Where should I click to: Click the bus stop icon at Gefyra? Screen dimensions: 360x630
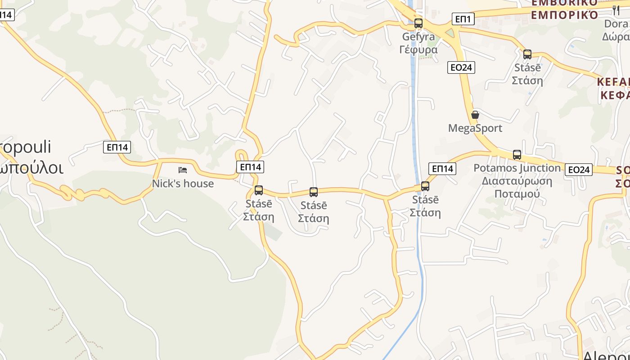tap(418, 23)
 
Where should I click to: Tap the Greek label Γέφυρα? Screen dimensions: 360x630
tap(418, 49)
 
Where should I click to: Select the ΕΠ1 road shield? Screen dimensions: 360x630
tap(463, 19)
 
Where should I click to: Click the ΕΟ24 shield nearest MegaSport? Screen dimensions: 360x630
tap(462, 67)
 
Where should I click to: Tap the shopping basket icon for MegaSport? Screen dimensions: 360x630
tap(475, 115)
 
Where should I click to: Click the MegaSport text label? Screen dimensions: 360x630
tap(475, 128)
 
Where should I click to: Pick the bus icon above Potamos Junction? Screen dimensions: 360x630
tap(517, 155)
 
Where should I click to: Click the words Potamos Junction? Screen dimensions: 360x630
tap(517, 168)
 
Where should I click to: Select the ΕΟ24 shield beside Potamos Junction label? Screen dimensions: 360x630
tap(579, 170)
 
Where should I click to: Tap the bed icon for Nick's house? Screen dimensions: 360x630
tap(183, 170)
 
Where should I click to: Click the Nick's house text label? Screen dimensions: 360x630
tap(183, 184)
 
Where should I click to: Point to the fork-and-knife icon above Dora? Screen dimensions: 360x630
tap(616, 10)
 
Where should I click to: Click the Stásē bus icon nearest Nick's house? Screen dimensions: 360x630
tap(259, 190)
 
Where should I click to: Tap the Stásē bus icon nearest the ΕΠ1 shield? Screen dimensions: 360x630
tap(527, 54)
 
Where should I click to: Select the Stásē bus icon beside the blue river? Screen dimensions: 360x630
tap(425, 186)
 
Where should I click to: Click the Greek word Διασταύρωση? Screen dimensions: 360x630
tap(517, 181)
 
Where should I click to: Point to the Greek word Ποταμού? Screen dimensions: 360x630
tap(517, 194)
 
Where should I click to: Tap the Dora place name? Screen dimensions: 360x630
tap(616, 24)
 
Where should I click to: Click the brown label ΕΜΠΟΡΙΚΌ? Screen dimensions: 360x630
tap(565, 15)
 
